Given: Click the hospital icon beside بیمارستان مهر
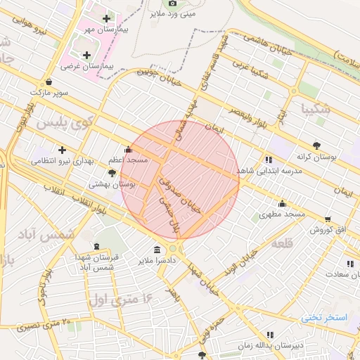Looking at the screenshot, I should (x=106, y=18).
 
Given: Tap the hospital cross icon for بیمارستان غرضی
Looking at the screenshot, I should (x=86, y=54).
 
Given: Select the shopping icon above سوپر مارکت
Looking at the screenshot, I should (x=48, y=82).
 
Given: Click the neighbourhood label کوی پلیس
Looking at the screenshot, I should (x=64, y=123).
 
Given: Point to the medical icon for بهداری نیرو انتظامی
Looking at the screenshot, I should (x=63, y=150).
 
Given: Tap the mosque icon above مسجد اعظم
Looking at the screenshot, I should (x=127, y=149).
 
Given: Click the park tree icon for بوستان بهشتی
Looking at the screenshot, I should (x=112, y=173).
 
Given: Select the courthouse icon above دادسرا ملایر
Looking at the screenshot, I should (x=156, y=250).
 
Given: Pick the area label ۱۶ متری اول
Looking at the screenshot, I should (x=120, y=300).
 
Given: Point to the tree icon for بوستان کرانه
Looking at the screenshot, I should (x=318, y=145).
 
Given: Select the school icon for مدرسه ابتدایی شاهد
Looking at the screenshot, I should (x=269, y=160).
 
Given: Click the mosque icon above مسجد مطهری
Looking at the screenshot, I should (x=283, y=203).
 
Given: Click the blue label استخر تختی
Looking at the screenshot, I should (x=324, y=317).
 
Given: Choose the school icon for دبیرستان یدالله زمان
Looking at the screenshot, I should (x=269, y=335).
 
